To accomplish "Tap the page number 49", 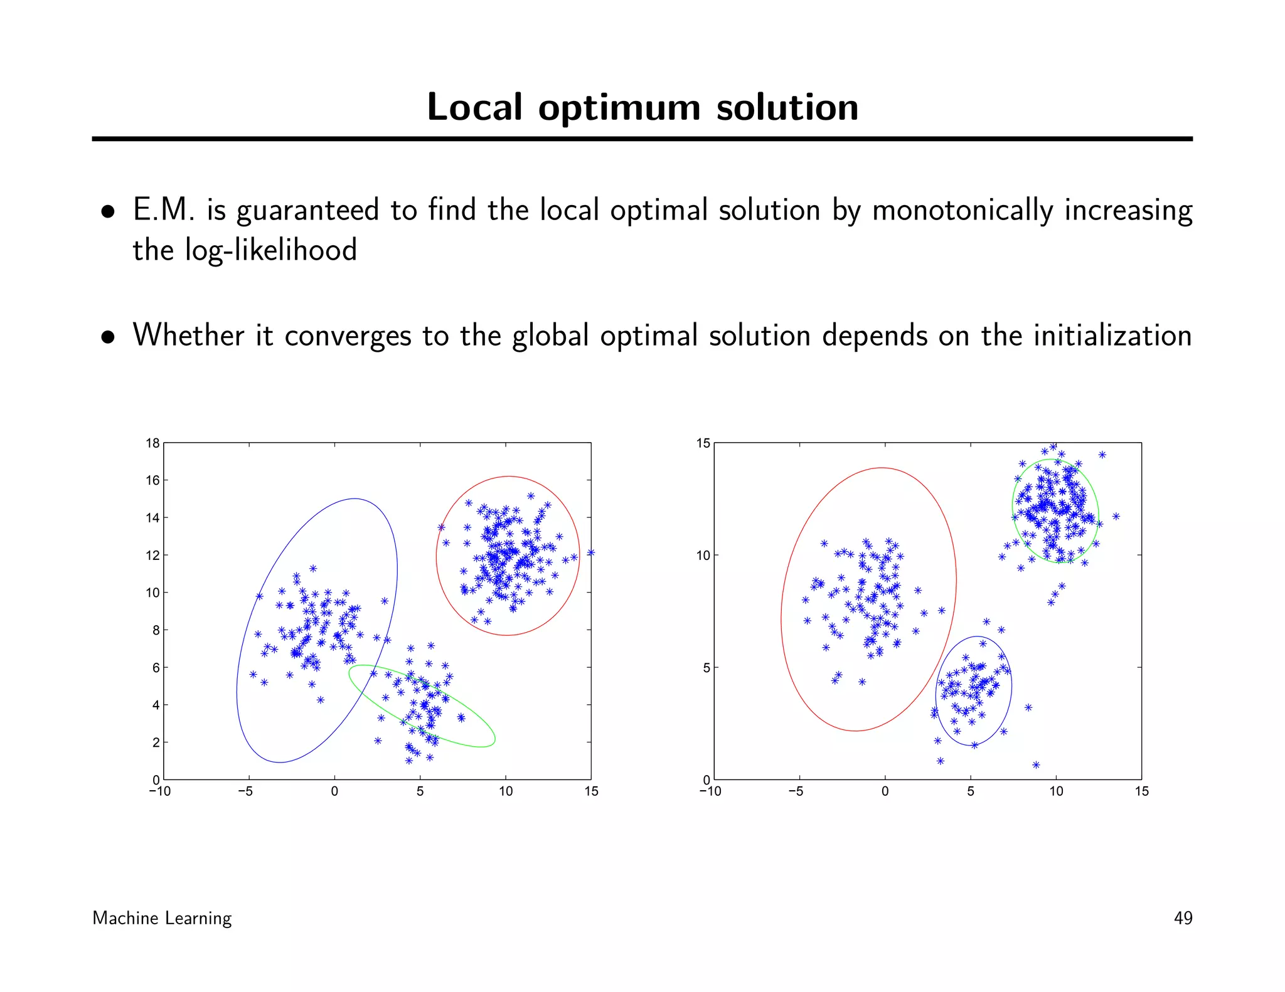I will (1182, 918).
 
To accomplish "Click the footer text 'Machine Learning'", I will (162, 918).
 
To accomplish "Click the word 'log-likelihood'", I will (270, 250).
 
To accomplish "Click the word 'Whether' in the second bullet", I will (188, 335).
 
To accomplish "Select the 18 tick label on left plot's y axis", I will (152, 443).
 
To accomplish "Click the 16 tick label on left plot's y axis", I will (152, 481).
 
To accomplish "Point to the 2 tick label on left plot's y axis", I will (156, 743).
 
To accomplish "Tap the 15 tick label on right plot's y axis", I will (703, 443).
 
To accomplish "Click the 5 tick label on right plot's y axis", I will (706, 668).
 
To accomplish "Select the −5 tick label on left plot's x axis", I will (245, 791).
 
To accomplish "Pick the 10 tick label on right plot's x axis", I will (1056, 791).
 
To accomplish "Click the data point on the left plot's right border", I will (590, 553).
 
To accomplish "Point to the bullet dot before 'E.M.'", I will (109, 212).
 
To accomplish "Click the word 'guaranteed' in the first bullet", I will (307, 211).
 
